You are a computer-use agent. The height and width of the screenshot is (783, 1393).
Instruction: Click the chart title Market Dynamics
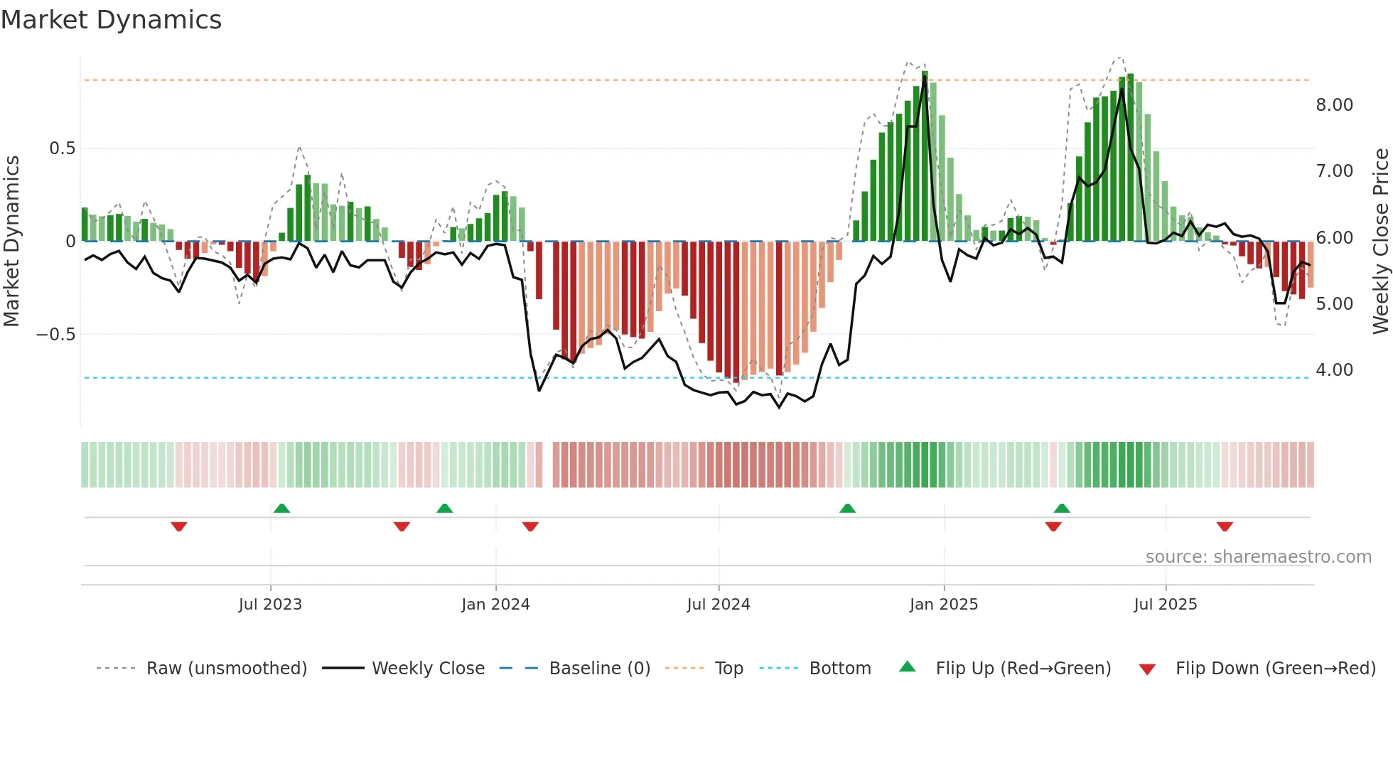(x=112, y=20)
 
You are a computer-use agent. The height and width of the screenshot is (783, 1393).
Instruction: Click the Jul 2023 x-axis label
(x=270, y=605)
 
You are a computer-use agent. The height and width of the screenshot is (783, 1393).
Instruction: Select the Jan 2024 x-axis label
(x=495, y=605)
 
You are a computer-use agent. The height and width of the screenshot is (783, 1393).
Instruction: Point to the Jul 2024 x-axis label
(x=718, y=605)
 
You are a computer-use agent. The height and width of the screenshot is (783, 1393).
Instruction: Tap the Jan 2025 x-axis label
(x=943, y=605)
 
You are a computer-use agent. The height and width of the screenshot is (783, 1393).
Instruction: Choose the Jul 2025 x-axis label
(x=1165, y=605)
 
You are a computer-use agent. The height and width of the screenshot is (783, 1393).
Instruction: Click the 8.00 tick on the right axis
(x=1334, y=105)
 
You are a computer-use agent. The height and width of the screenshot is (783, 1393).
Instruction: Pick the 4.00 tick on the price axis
(x=1334, y=370)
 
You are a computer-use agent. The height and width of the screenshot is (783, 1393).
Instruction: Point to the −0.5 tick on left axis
(x=55, y=335)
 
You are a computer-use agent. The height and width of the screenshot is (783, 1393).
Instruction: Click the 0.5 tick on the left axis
(x=62, y=148)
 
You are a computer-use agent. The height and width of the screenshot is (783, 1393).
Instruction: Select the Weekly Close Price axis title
(x=1380, y=240)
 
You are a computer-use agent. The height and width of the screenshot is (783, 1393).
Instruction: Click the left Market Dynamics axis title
(x=11, y=240)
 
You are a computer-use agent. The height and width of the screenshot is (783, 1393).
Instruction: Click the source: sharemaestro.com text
(x=1258, y=557)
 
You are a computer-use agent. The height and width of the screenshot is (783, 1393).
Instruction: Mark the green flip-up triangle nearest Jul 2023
(x=281, y=508)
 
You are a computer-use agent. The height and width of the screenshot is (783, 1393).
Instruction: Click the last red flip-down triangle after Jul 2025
(x=1224, y=526)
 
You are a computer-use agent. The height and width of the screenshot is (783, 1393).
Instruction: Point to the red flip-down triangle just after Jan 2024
(x=530, y=526)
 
